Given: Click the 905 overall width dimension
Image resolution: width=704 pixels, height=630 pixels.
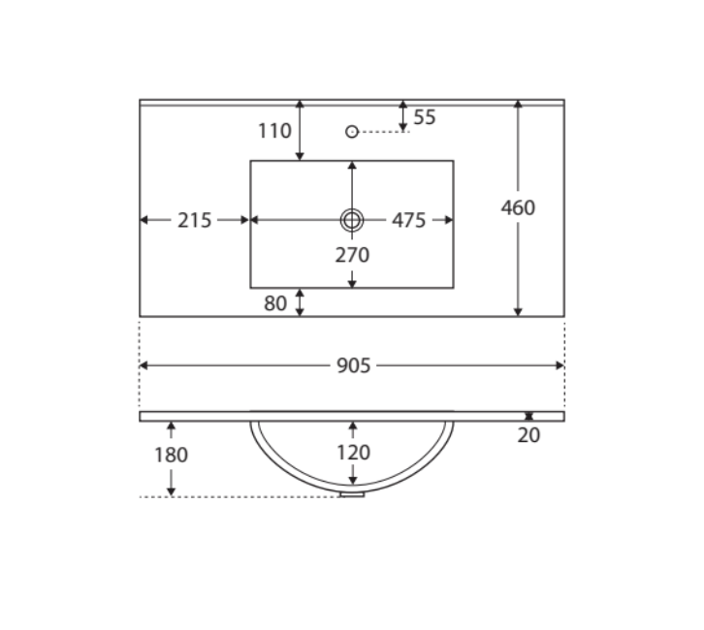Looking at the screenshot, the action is coord(353,365).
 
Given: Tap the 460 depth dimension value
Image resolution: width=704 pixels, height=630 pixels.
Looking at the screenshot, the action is coord(518,207).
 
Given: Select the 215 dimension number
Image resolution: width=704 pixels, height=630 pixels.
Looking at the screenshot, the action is coord(194,220).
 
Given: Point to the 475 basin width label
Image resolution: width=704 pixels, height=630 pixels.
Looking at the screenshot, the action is coord(408,220).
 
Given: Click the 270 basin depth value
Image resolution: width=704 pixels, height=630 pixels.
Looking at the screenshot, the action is coord(352,255).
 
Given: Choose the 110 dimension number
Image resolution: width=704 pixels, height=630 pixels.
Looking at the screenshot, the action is coord(274,131).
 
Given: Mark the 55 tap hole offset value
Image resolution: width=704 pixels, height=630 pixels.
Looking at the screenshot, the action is coord(425,117).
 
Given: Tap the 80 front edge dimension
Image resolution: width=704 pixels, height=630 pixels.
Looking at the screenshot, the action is coord(275,303).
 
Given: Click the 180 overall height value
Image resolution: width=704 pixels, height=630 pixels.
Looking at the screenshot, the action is coord(171,455).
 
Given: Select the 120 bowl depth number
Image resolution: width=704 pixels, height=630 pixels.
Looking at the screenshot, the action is coord(353,453).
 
